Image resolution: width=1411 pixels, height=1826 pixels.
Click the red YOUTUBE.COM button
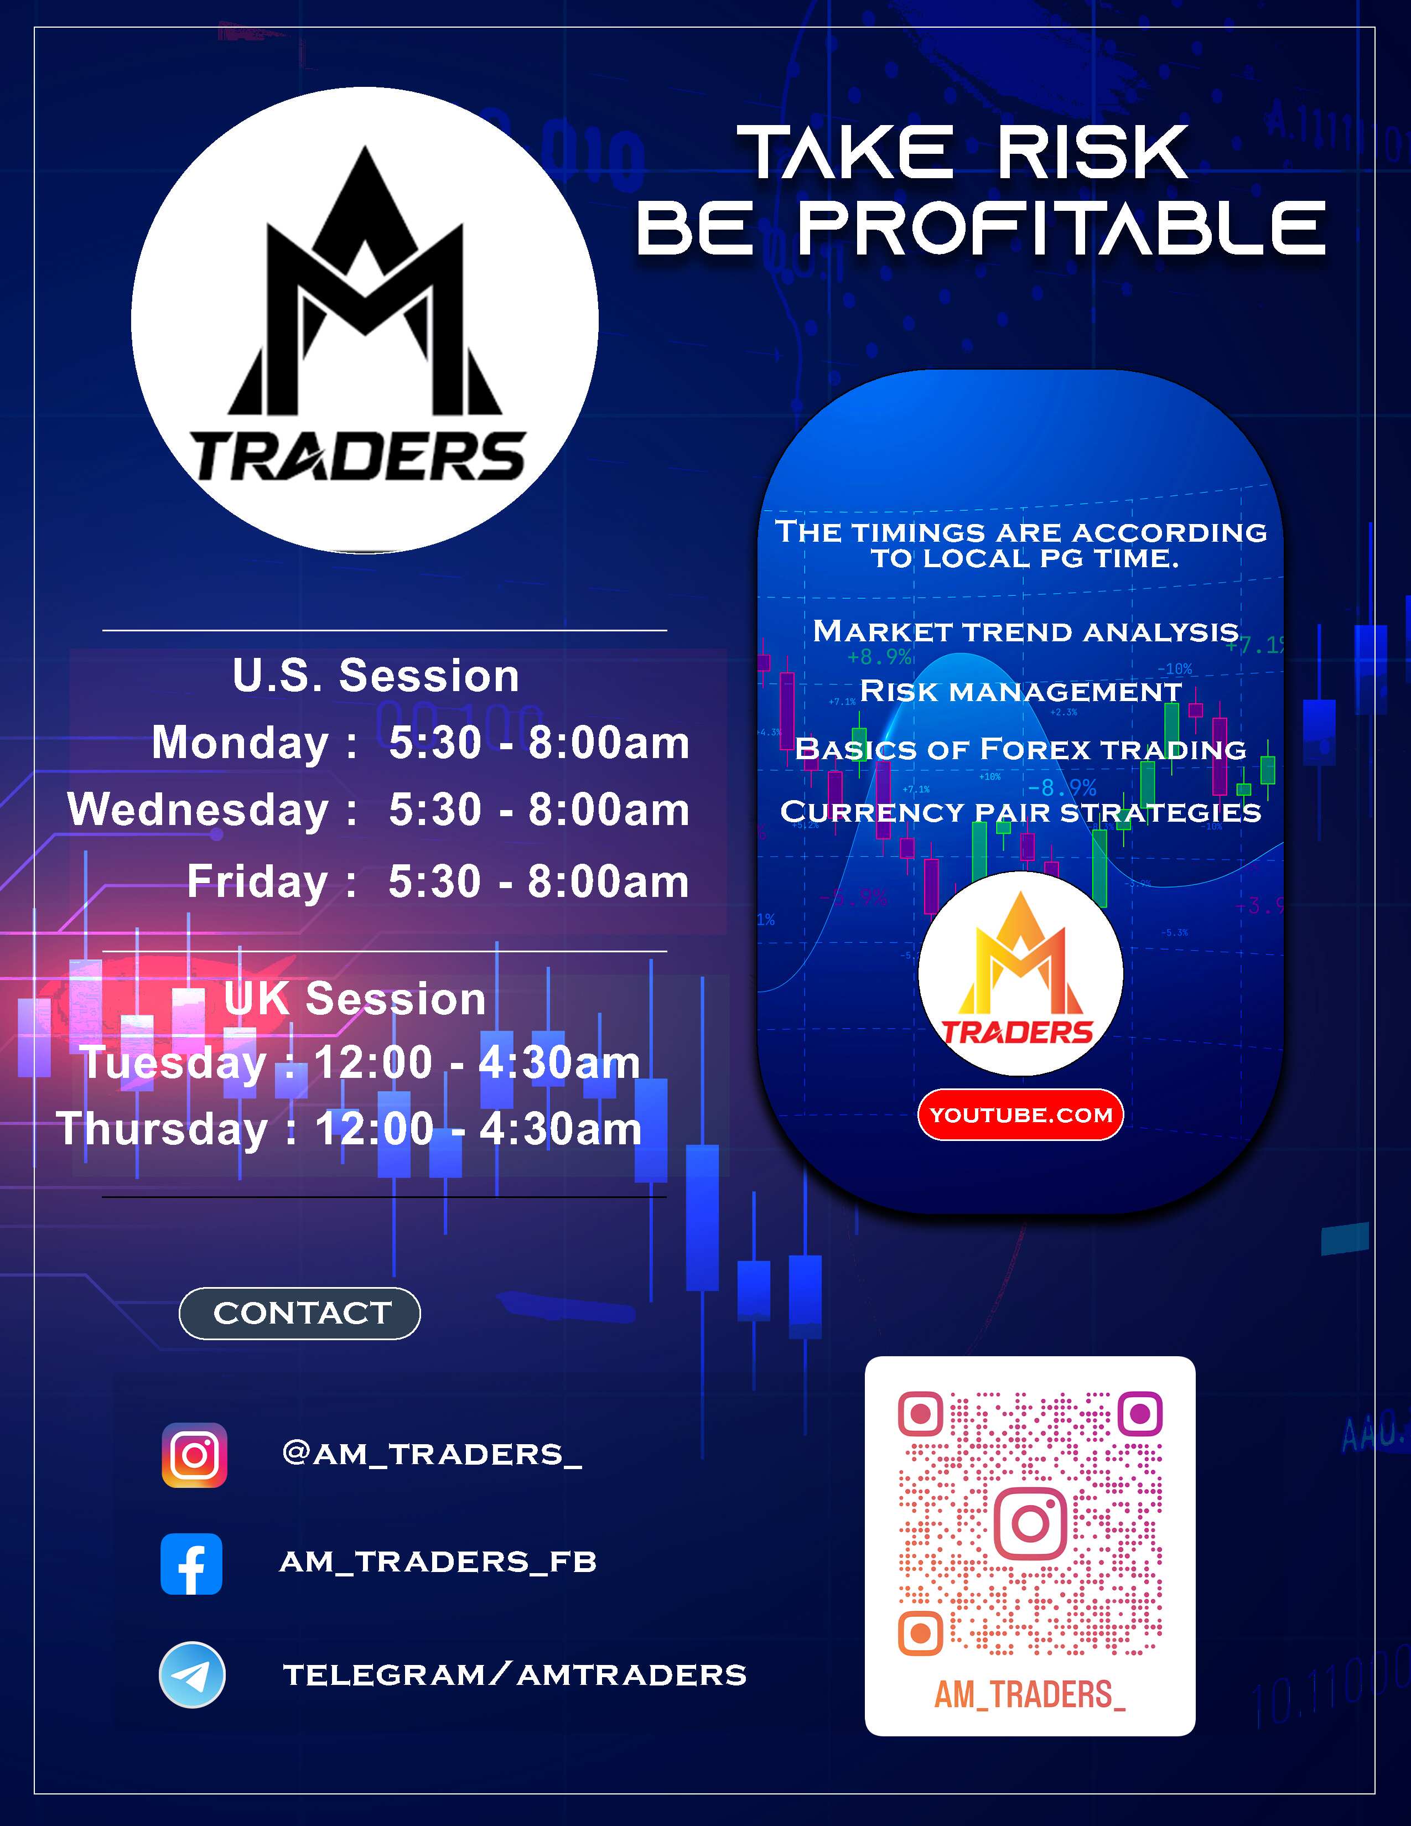coord(1021,1114)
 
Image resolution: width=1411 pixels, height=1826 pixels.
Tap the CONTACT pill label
coord(300,1314)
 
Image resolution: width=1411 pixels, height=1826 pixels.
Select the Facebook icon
coord(191,1564)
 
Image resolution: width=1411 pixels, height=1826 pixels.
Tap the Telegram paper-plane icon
coord(192,1675)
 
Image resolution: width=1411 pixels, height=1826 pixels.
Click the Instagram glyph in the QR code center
coord(1031,1523)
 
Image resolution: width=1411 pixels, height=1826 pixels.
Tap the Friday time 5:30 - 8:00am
coord(539,881)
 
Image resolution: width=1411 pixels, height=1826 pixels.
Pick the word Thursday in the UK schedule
coord(162,1129)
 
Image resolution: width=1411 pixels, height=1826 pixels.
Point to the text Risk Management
coord(1021,692)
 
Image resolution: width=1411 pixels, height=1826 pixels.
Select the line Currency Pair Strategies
coord(1021,812)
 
